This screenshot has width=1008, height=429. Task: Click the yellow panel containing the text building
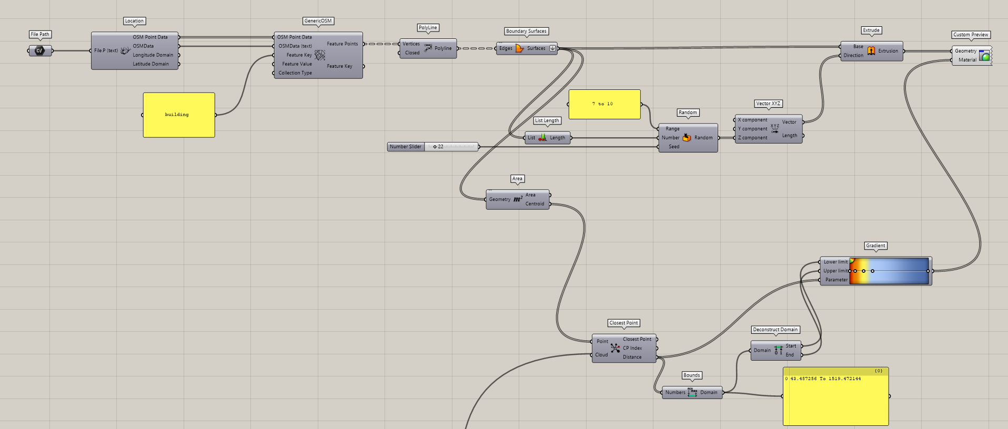point(179,115)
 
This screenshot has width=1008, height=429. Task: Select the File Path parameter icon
point(39,51)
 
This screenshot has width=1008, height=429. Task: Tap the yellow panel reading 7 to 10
point(604,104)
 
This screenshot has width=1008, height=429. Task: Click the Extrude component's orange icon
point(871,50)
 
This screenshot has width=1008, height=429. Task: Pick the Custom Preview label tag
point(971,35)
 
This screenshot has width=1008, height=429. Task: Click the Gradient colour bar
point(889,271)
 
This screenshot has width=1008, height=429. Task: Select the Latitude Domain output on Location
point(151,64)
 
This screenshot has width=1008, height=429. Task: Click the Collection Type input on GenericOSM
point(295,73)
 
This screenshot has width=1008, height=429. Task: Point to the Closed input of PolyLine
point(412,53)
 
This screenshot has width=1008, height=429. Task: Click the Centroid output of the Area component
point(535,204)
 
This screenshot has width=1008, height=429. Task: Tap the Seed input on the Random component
point(673,147)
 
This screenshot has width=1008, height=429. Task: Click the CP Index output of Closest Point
point(632,348)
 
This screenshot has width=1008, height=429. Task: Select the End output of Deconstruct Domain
point(790,355)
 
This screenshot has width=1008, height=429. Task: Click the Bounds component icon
point(692,392)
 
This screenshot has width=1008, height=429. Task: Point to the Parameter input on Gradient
point(836,280)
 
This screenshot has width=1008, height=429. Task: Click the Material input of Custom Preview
point(967,60)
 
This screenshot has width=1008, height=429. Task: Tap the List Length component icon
point(542,138)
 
